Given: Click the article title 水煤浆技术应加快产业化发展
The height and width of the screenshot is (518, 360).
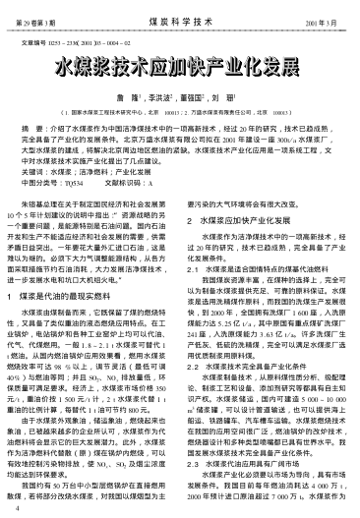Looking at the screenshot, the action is click(x=180, y=68).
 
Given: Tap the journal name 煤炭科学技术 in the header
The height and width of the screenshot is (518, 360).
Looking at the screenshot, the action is click(x=180, y=19).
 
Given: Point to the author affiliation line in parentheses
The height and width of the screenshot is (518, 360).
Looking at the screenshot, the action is click(x=180, y=114).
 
